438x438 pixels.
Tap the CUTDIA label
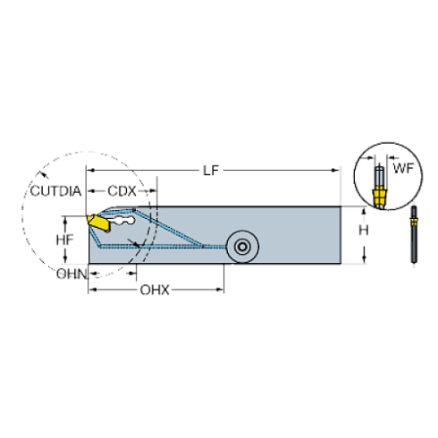coord(56,191)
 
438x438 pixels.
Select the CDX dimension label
coord(122,191)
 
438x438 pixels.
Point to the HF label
coord(63,240)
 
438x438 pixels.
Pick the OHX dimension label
coord(155,290)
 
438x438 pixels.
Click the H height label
coord(362,230)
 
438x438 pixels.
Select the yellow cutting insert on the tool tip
coord(97,220)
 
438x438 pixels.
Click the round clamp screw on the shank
coord(240,246)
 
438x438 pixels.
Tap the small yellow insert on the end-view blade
coord(413,217)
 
